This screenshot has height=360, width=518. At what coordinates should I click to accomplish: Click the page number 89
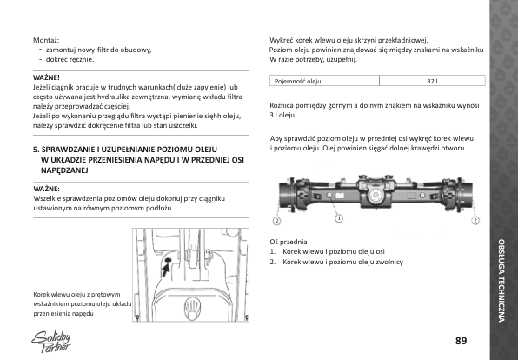point(461,341)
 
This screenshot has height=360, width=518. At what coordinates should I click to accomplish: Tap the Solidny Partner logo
point(51,342)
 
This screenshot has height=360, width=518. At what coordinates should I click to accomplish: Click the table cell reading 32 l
point(432,81)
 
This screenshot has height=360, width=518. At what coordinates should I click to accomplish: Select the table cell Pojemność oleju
point(324,81)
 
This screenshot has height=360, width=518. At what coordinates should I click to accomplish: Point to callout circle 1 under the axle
point(339,218)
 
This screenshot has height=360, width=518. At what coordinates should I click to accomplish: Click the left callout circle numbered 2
point(277,221)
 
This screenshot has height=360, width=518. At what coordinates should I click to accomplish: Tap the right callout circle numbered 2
point(475,221)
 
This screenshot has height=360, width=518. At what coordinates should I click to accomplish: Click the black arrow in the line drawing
point(165,270)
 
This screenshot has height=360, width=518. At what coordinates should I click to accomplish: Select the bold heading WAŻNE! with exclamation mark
point(46,77)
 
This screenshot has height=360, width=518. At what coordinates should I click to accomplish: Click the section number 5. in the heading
point(36,150)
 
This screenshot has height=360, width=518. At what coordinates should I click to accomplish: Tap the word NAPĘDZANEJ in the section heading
point(64,170)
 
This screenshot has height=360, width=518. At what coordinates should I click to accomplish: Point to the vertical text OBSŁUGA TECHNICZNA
point(501,281)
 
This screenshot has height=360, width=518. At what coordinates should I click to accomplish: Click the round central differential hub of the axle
point(375,196)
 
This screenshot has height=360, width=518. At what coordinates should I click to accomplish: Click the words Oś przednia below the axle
point(289,242)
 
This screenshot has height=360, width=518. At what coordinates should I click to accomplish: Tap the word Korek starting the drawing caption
point(42,295)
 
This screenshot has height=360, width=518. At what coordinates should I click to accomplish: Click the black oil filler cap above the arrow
point(168,260)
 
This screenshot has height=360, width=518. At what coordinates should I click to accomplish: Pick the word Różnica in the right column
point(281,106)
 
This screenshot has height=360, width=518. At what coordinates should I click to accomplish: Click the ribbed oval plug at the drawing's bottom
point(192,308)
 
